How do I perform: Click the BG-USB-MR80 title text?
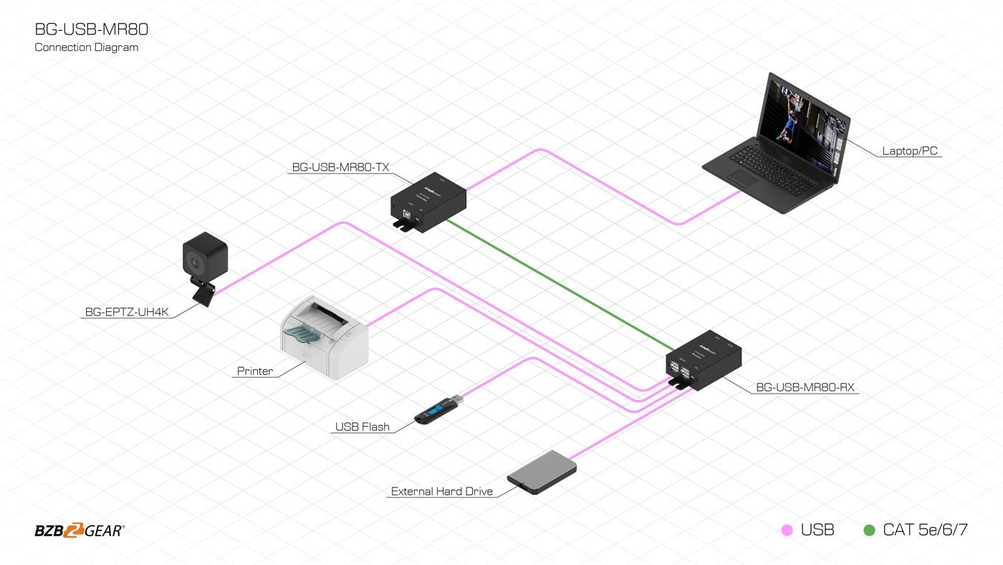(x=92, y=29)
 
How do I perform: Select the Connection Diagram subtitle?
(x=86, y=47)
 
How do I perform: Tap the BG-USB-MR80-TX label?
(x=340, y=168)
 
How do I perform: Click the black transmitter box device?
(x=428, y=200)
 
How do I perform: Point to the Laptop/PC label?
(x=909, y=151)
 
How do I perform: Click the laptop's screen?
(x=806, y=121)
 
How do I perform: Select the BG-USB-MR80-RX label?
(x=805, y=388)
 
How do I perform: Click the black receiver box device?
(x=703, y=360)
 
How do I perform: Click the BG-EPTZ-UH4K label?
(x=126, y=313)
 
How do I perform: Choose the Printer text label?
(x=255, y=371)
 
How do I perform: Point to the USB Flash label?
(x=363, y=427)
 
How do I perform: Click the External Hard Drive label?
(x=442, y=492)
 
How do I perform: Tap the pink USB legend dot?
(x=787, y=531)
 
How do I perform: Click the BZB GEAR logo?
(x=79, y=531)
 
